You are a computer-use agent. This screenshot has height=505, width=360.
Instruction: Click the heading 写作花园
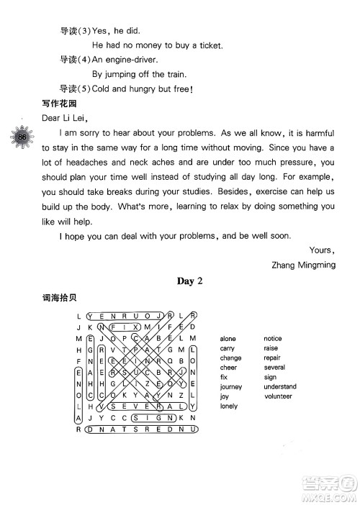pyautogui.click(x=60, y=103)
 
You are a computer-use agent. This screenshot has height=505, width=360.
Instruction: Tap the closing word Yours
pyautogui.click(x=321, y=250)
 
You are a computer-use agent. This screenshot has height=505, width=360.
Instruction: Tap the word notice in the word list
pyautogui.click(x=273, y=338)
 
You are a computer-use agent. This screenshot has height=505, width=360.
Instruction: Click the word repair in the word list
pyautogui.click(x=272, y=358)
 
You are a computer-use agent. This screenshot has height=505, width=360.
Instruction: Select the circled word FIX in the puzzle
pyautogui.click(x=126, y=326)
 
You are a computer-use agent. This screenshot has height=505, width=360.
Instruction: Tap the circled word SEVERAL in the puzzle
pyautogui.click(x=144, y=406)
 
